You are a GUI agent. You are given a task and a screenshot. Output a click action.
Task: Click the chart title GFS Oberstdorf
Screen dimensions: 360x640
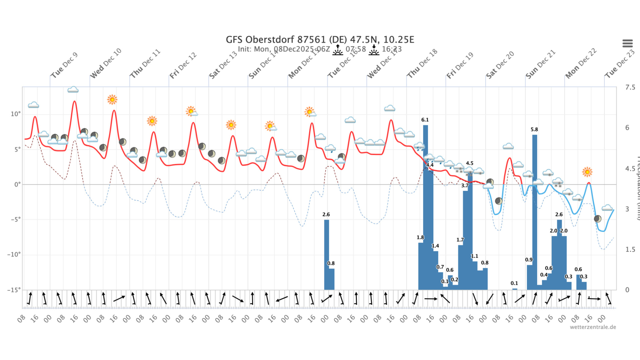(320, 40)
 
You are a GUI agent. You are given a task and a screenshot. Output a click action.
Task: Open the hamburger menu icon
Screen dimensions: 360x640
(627, 43)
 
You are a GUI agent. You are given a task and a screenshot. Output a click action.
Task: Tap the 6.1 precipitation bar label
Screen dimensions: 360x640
(425, 120)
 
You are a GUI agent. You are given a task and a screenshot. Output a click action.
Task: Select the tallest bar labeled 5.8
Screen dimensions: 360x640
(535, 211)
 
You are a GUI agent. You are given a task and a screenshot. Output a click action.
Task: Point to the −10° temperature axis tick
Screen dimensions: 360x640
(14, 255)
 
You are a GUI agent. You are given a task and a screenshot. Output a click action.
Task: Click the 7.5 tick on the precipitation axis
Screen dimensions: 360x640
(630, 87)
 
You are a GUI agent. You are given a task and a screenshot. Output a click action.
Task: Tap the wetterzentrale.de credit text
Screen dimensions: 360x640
(593, 327)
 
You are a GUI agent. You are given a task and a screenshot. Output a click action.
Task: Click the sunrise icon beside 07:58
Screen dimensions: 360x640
(338, 50)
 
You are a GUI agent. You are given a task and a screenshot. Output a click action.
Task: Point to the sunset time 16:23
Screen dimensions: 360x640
(392, 49)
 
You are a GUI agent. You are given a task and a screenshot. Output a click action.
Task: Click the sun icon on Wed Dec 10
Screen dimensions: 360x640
(112, 100)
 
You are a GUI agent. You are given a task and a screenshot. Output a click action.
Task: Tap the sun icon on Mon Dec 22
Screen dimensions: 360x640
(587, 172)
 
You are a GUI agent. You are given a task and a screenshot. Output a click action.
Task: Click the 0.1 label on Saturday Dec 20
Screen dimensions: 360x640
(514, 283)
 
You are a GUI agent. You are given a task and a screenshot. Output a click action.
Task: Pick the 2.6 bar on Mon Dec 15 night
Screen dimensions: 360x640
(326, 254)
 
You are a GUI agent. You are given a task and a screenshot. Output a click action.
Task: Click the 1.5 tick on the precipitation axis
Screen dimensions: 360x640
(630, 250)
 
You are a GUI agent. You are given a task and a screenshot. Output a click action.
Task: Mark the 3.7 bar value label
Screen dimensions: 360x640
(465, 186)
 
